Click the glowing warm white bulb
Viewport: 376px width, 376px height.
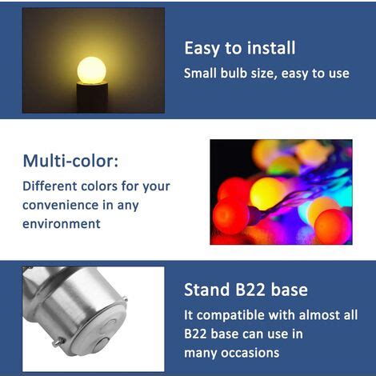[91, 70]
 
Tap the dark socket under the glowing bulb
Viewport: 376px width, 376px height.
[92, 98]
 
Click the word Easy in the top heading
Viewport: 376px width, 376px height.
[202, 49]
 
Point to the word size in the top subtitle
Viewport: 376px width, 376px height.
[262, 74]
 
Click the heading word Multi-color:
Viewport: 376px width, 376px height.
[70, 161]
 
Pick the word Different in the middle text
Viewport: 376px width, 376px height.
[50, 186]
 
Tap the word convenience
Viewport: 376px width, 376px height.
[61, 205]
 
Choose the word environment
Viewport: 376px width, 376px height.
[62, 224]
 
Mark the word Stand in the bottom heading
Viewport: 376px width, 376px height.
[206, 290]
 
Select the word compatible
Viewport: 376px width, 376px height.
[230, 315]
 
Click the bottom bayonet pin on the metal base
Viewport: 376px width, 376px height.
[58, 342]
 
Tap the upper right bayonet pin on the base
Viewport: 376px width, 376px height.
[125, 299]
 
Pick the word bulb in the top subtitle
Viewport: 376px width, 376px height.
[234, 73]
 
